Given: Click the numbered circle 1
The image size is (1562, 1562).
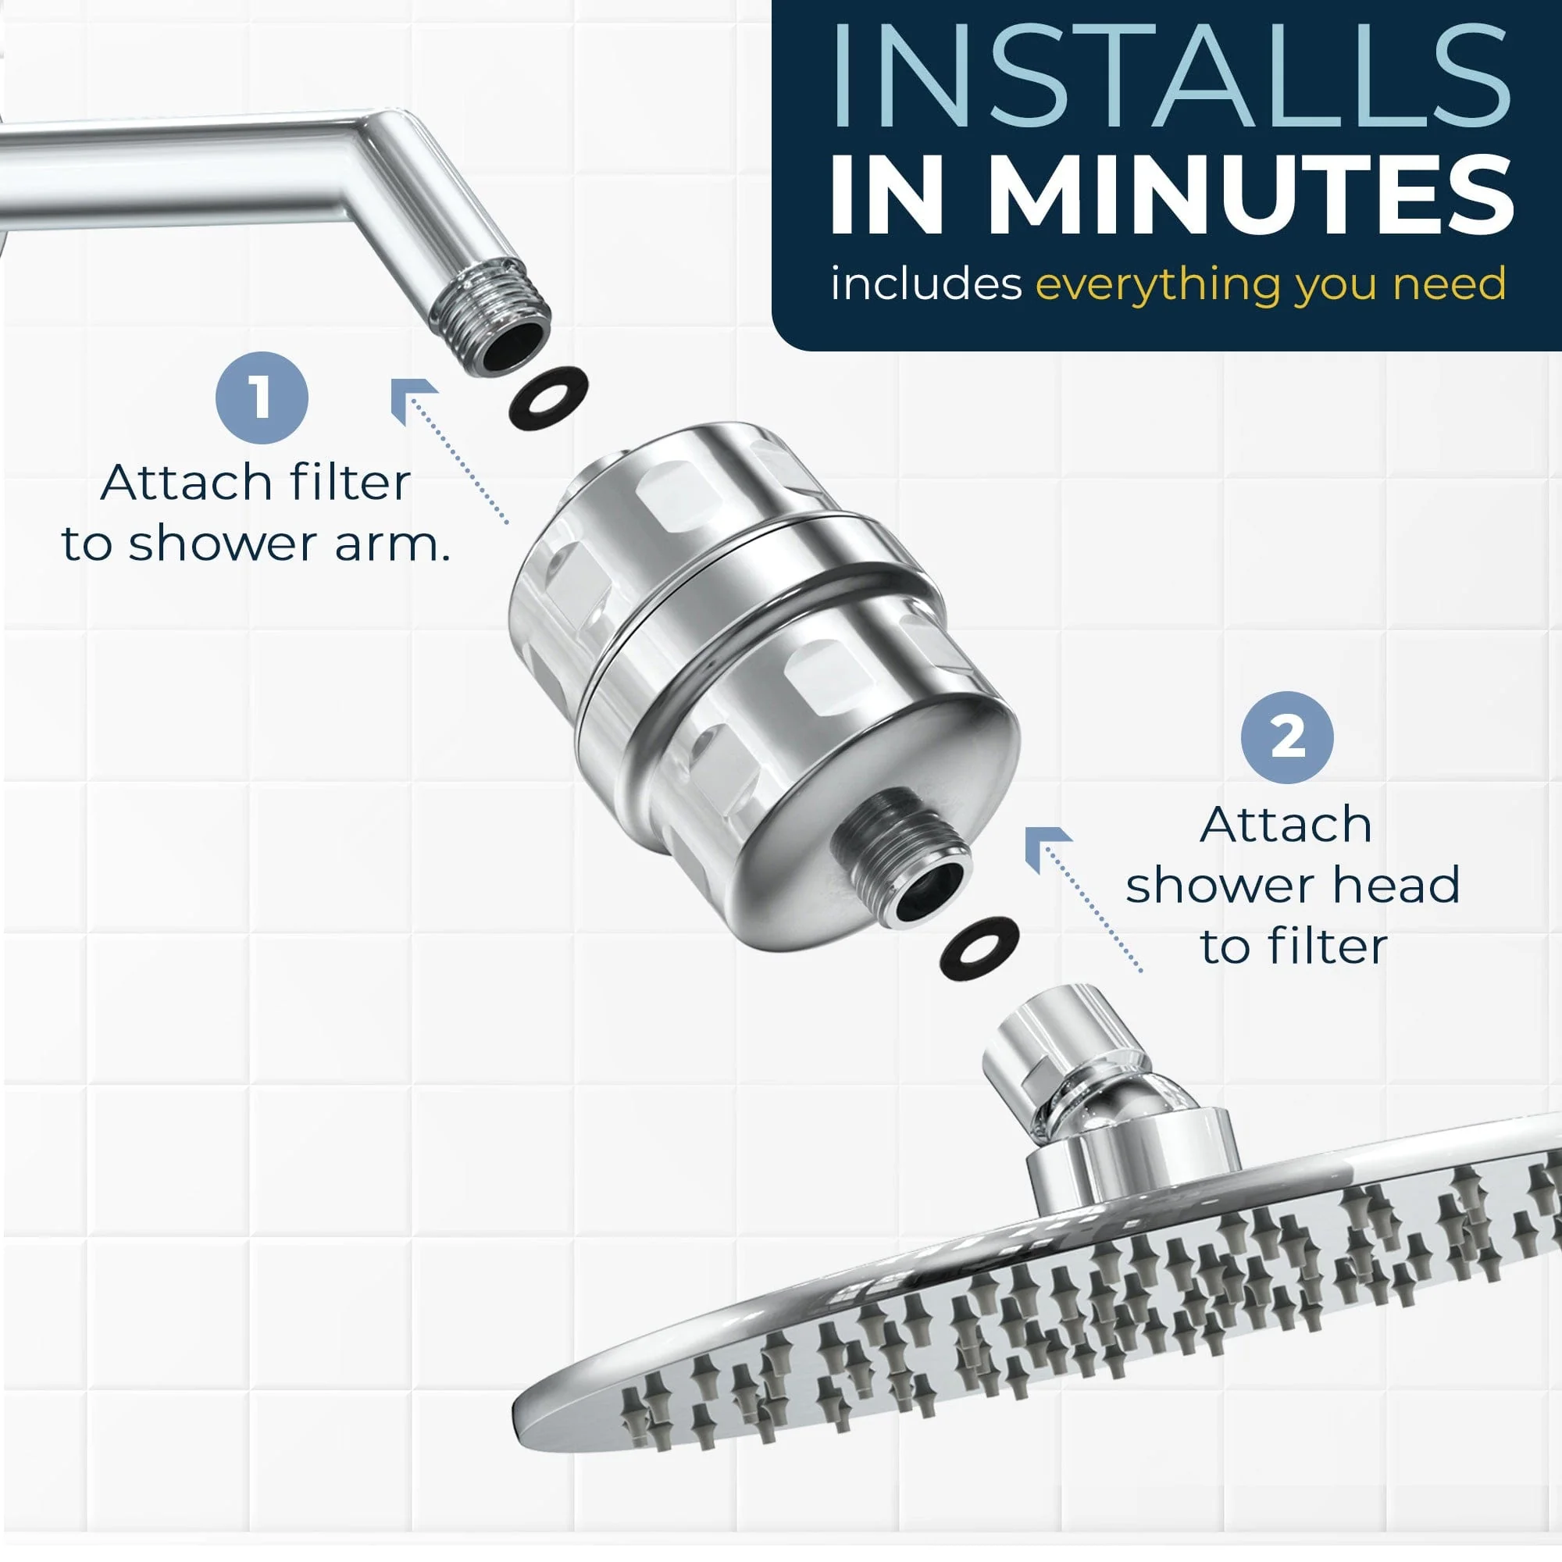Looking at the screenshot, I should point(261,398).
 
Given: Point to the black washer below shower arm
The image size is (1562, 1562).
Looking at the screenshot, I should point(547,397).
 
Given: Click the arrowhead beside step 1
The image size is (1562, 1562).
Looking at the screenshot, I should point(410,400).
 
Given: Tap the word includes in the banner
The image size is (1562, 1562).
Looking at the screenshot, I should point(925,284).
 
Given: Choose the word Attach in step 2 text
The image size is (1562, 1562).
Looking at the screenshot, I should point(1286,824).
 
